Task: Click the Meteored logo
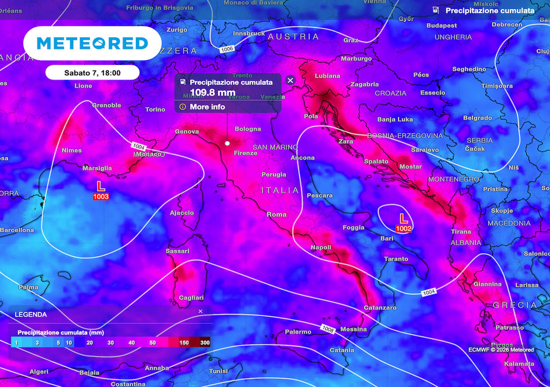pyautogui.click(x=92, y=44)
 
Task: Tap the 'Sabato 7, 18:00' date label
pyautogui.click(x=92, y=73)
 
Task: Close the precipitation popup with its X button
pyautogui.click(x=291, y=81)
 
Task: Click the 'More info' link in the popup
pyautogui.click(x=207, y=107)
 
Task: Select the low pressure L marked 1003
pyautogui.click(x=100, y=186)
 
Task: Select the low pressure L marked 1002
pyautogui.click(x=403, y=218)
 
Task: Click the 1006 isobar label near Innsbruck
pyautogui.click(x=227, y=49)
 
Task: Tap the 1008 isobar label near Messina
pyautogui.click(x=328, y=328)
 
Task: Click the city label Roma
pyautogui.click(x=277, y=214)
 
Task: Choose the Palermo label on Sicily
pyautogui.click(x=298, y=332)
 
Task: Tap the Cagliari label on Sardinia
pyautogui.click(x=191, y=297)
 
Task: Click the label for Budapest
pyautogui.click(x=442, y=25)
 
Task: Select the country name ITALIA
pyautogui.click(x=280, y=190)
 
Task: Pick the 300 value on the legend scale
pyautogui.click(x=205, y=342)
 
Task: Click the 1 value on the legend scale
pyautogui.click(x=16, y=342)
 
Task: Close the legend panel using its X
pyautogui.click(x=200, y=311)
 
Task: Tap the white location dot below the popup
pyautogui.click(x=227, y=144)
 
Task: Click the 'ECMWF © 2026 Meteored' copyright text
pyautogui.click(x=501, y=350)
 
